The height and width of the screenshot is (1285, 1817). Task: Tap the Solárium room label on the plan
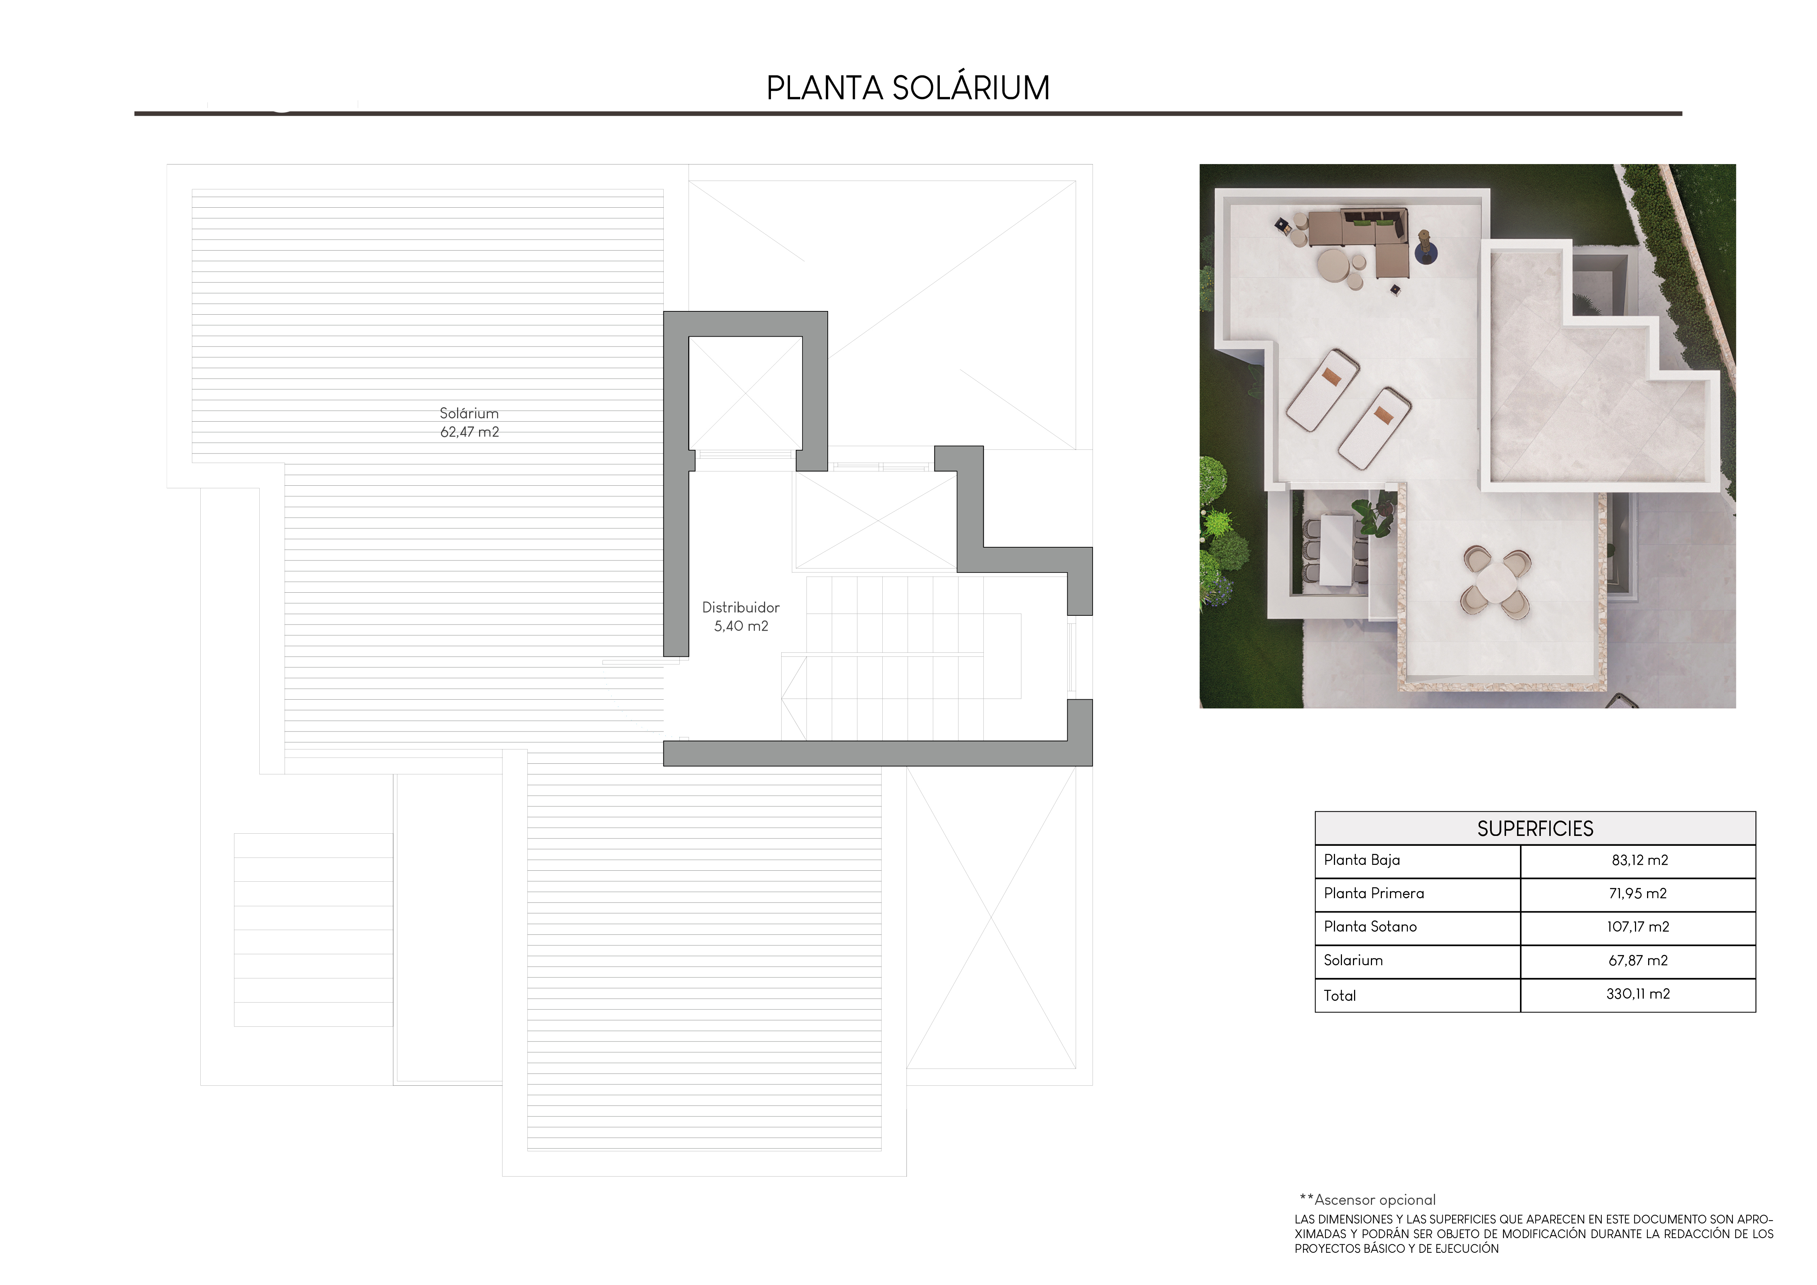[x=469, y=413]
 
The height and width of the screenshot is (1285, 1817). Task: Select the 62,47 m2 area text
[x=469, y=432]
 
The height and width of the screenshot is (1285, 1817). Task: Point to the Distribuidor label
[x=741, y=608]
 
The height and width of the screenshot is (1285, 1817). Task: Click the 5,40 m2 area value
[x=741, y=626]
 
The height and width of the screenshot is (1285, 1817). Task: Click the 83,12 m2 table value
[x=1639, y=860]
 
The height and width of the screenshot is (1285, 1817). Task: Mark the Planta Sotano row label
[x=1370, y=926]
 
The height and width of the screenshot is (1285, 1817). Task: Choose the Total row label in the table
[x=1340, y=995]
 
